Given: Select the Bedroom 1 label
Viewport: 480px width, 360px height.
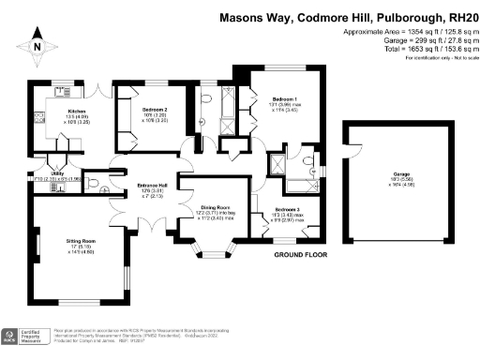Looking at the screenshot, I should [285, 98].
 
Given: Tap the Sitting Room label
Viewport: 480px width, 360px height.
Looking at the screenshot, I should [81, 241].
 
